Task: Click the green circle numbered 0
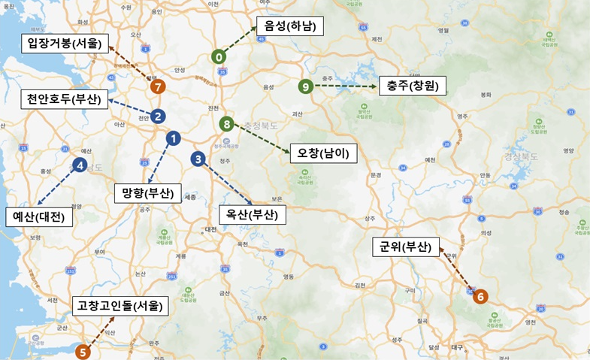click(219, 56)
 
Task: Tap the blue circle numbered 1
click(173, 138)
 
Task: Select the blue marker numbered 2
click(158, 116)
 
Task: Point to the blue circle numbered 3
click(198, 159)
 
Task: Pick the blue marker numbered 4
click(80, 165)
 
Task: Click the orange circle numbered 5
click(83, 350)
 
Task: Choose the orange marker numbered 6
click(481, 296)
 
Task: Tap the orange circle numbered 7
click(156, 86)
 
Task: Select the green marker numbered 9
click(305, 86)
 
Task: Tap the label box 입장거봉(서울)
click(65, 43)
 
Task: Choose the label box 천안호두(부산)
click(64, 99)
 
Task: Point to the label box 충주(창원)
click(413, 85)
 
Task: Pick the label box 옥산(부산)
click(252, 213)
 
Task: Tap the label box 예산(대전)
click(39, 216)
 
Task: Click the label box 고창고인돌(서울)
click(120, 305)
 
